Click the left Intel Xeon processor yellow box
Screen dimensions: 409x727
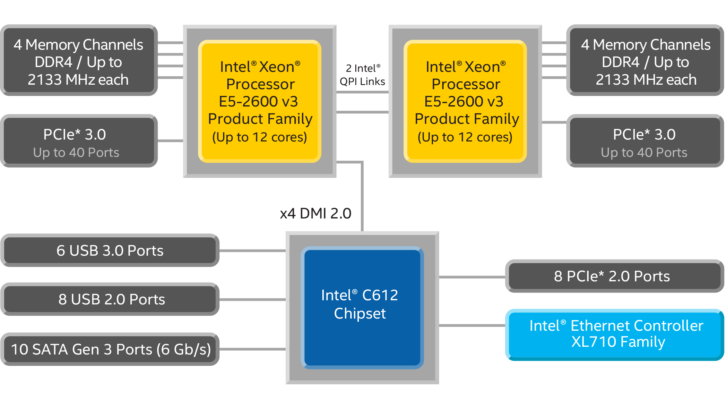click(x=260, y=101)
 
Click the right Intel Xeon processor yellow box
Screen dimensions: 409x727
click(x=465, y=101)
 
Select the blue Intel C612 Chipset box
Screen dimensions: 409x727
click(x=362, y=307)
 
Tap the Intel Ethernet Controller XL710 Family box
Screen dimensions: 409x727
click(x=614, y=334)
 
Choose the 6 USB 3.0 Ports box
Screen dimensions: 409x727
click(x=110, y=251)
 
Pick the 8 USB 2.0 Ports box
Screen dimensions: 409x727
click(x=110, y=299)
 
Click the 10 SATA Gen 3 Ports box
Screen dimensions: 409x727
click(x=110, y=349)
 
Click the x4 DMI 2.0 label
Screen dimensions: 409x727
click(x=316, y=214)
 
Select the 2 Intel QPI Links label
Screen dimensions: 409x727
click(x=362, y=75)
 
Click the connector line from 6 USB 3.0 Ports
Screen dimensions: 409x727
click(x=252, y=251)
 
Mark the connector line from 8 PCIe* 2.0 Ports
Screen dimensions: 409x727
click(x=472, y=277)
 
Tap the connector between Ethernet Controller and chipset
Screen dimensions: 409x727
click(x=472, y=326)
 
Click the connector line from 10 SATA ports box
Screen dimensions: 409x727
click(x=252, y=349)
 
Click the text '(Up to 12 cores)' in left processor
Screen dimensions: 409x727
click(x=260, y=137)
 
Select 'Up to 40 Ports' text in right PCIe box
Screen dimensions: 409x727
click(x=644, y=153)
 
